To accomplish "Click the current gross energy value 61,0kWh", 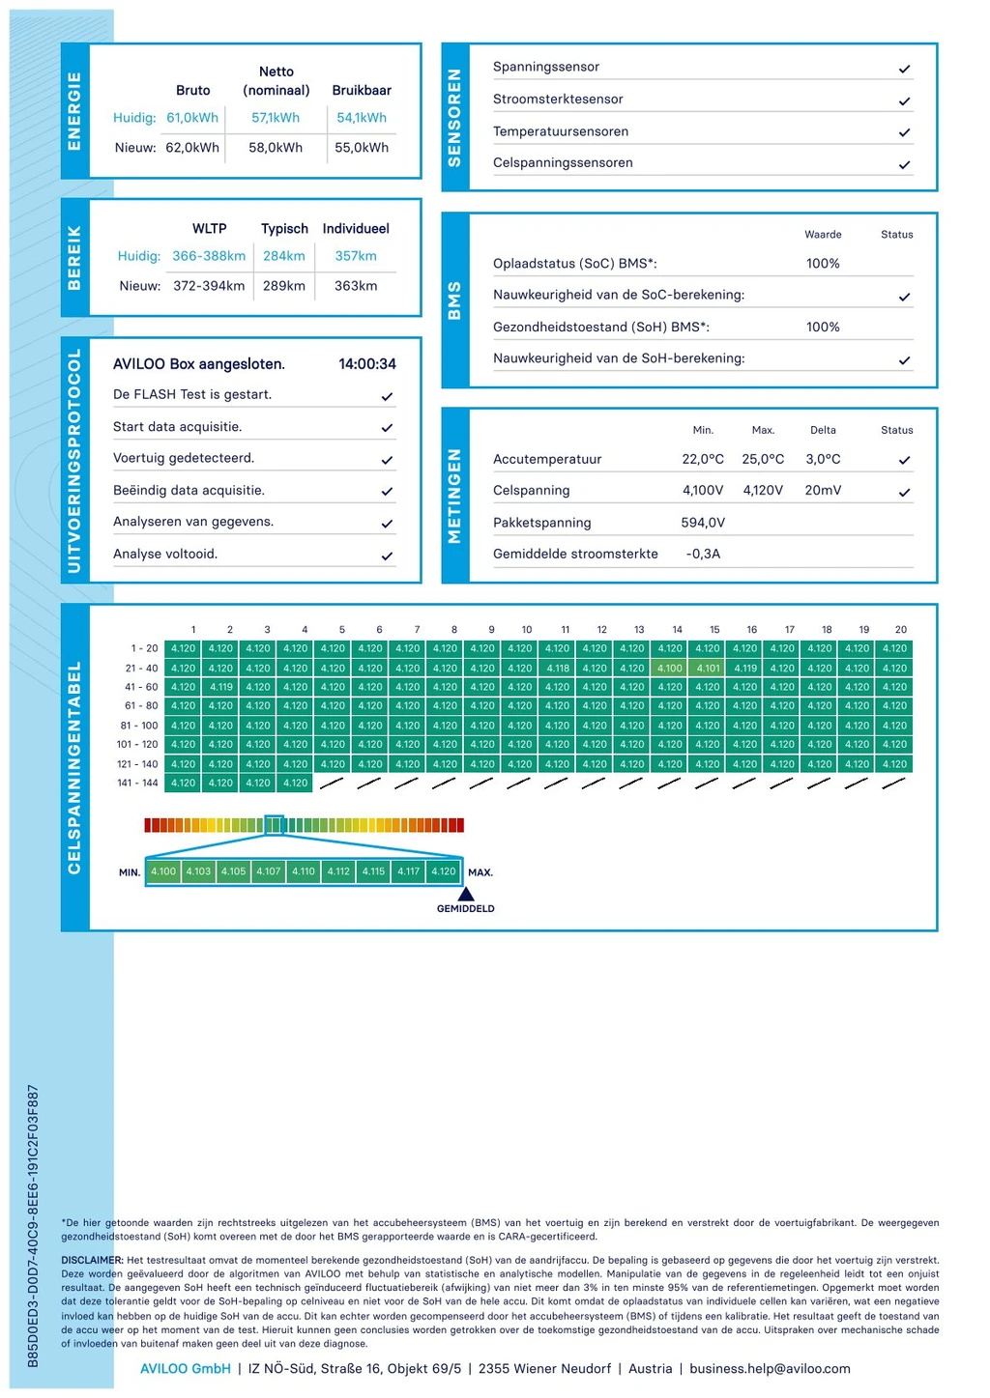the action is (192, 118).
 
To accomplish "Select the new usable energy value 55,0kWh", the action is (362, 148).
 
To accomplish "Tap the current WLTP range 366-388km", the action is (209, 256).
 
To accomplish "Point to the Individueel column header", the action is (356, 228).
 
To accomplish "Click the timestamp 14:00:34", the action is (367, 364).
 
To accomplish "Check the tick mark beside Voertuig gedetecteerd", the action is (388, 460).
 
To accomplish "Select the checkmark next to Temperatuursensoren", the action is (904, 132).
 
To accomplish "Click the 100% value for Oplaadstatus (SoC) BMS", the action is (823, 264).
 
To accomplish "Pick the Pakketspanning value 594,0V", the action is (703, 523).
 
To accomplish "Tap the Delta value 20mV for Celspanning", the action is (823, 490).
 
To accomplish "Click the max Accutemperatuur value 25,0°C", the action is (763, 459).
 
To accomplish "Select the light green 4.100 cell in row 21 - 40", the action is (670, 668).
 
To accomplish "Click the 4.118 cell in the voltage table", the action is (558, 668).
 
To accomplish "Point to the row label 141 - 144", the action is (137, 783).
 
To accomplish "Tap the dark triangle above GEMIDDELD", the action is (465, 895).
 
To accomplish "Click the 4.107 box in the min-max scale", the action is (269, 871).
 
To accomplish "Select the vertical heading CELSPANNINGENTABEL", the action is (74, 768).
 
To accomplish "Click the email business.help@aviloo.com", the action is (770, 1369).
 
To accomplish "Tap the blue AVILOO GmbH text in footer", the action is (186, 1369).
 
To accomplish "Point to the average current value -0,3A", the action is (703, 554).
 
